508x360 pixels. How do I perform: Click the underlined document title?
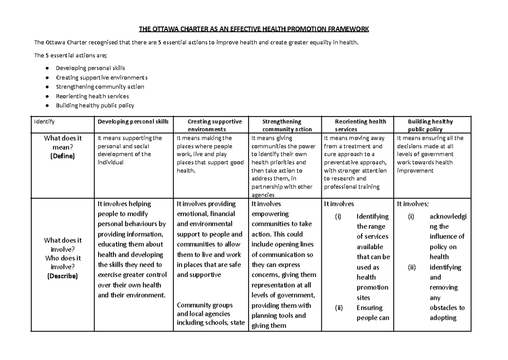pyautogui.click(x=254, y=29)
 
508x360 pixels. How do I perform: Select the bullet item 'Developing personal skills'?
pyautogui.click(x=90, y=68)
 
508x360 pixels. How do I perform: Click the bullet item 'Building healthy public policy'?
pyautogui.click(x=95, y=105)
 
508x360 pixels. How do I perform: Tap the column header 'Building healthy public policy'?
pyautogui.click(x=431, y=125)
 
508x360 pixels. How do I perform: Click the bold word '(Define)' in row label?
pyautogui.click(x=62, y=156)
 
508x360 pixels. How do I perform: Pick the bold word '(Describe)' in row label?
pyautogui.click(x=62, y=276)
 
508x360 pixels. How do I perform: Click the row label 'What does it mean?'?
pyautogui.click(x=62, y=142)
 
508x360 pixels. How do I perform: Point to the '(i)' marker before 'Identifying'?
pyautogui.click(x=338, y=216)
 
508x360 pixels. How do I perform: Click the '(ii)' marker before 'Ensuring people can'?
pyautogui.click(x=339, y=308)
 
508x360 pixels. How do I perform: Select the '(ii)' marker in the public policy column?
pyautogui.click(x=411, y=267)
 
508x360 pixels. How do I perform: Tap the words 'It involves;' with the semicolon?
pyautogui.click(x=412, y=204)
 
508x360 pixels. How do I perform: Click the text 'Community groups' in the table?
pyautogui.click(x=204, y=305)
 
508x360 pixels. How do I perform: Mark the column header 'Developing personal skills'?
pyautogui.click(x=133, y=122)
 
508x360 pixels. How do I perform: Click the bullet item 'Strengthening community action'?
pyautogui.click(x=100, y=87)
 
